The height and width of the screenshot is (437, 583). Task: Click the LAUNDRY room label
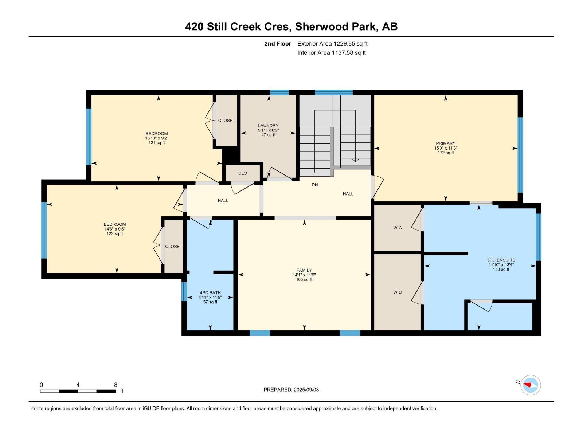(268, 126)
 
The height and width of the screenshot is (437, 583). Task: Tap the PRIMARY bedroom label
(445, 143)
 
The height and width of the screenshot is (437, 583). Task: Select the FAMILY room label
(304, 270)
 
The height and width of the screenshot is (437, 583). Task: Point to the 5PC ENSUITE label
(501, 260)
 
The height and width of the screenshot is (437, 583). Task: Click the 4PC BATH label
(210, 293)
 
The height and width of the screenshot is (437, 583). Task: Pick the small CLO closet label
(243, 173)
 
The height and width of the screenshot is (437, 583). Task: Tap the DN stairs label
(314, 185)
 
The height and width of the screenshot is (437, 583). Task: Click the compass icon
(531, 385)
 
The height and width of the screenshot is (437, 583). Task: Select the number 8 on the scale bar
(116, 385)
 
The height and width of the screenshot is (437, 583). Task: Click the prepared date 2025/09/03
(306, 390)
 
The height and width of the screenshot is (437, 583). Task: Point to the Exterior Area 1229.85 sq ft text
(332, 44)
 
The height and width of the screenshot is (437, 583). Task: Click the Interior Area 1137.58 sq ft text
(332, 53)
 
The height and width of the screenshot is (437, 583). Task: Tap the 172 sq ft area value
(445, 153)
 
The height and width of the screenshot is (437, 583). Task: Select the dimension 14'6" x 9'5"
(114, 229)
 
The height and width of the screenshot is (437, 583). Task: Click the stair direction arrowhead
(355, 160)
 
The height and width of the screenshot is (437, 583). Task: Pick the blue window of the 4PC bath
(184, 291)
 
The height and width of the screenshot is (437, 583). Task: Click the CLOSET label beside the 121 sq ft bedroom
(226, 121)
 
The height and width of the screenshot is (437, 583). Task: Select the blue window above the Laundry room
(279, 92)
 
